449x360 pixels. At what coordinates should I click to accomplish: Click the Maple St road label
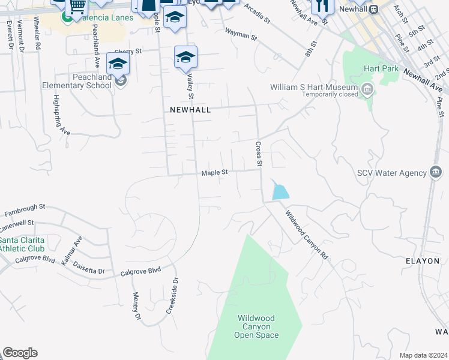(x=214, y=173)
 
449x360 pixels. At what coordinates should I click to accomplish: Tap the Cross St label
(x=259, y=154)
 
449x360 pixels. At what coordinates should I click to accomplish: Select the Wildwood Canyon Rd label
(x=307, y=234)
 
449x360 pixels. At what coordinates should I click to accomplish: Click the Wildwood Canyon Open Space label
(x=256, y=327)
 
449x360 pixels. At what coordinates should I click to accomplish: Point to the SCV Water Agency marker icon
(x=436, y=173)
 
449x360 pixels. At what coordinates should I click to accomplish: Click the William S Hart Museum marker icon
(x=367, y=91)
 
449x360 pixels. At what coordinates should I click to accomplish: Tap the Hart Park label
(x=381, y=69)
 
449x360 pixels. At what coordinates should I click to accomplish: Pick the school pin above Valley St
(x=186, y=58)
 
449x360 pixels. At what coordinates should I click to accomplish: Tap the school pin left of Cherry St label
(x=118, y=64)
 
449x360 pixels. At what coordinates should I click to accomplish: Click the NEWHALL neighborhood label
(x=190, y=110)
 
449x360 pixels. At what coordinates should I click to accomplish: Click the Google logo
(x=20, y=353)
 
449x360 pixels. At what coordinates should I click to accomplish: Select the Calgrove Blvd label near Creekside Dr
(x=140, y=271)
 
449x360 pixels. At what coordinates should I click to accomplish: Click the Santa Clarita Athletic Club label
(x=22, y=244)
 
